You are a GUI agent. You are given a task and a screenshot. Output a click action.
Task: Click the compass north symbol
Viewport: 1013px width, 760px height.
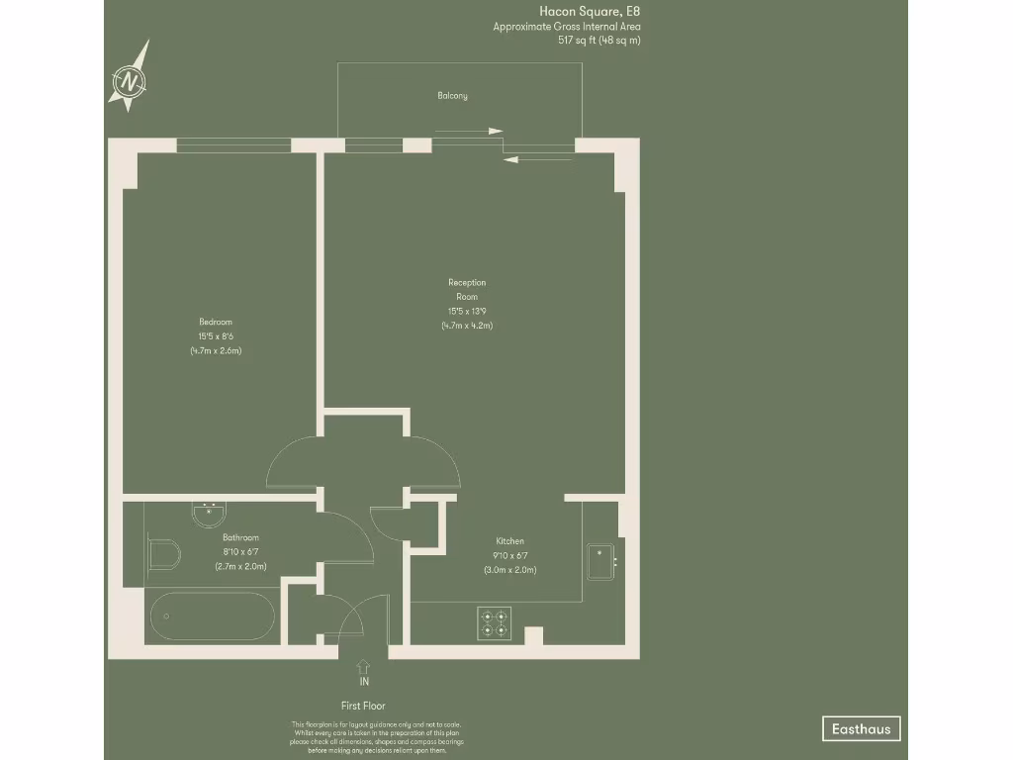130,79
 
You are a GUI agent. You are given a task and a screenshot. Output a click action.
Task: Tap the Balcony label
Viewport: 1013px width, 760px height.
452,96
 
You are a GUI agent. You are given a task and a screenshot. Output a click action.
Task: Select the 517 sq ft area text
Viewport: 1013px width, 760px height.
599,41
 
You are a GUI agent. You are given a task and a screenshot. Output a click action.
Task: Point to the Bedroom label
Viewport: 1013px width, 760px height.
216,322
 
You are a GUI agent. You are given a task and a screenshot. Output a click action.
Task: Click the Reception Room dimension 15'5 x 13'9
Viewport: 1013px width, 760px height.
467,312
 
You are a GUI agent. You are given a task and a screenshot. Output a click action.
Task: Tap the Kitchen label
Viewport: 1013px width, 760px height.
509,541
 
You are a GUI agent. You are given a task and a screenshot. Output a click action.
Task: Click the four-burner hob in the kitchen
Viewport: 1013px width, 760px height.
493,622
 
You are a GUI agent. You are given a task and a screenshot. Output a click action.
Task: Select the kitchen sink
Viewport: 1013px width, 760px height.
599,561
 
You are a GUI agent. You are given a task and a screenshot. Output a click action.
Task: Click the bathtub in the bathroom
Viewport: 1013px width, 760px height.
213,617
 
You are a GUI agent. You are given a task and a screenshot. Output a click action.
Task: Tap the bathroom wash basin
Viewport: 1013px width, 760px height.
209,514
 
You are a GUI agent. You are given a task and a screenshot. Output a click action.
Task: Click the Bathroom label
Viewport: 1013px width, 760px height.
240,537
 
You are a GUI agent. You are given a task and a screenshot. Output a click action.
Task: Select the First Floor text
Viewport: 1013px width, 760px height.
364,706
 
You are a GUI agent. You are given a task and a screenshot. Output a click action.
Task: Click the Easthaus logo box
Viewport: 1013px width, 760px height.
861,729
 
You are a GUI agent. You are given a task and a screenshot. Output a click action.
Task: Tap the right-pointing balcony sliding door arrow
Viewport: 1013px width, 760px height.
469,131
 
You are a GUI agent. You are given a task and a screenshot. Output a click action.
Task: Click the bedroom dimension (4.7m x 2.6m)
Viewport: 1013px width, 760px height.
216,350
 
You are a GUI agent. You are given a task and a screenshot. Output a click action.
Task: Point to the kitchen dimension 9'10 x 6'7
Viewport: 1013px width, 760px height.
509,556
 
